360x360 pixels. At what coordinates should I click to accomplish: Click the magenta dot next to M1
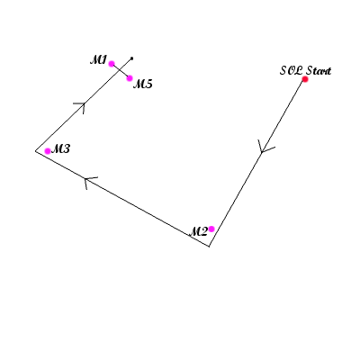point(112,64)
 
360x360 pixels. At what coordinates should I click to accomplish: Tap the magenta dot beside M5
point(130,78)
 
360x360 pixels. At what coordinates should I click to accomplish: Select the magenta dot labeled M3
point(48,151)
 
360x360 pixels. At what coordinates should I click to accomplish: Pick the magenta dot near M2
point(211,229)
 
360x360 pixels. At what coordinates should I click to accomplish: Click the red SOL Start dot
point(305,79)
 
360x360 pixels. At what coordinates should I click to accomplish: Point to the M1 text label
point(98,60)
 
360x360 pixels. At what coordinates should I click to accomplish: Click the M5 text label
point(143,84)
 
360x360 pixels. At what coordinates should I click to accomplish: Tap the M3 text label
point(60,148)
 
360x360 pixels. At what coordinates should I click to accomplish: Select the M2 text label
point(198,231)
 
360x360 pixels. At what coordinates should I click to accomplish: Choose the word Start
point(319,71)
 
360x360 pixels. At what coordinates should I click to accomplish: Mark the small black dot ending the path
point(131,58)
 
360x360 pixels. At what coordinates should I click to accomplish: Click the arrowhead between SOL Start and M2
point(264,148)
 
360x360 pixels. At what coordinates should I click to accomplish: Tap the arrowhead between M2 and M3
point(89,181)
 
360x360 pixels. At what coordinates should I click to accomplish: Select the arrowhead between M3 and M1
point(82,106)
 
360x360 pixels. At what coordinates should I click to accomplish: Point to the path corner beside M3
point(35,151)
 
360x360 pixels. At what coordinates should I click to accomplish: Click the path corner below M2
point(209,247)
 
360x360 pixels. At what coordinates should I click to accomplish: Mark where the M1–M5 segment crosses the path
point(120,70)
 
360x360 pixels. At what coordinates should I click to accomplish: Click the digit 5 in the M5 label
point(148,84)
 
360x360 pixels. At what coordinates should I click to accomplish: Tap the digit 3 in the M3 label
point(66,148)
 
